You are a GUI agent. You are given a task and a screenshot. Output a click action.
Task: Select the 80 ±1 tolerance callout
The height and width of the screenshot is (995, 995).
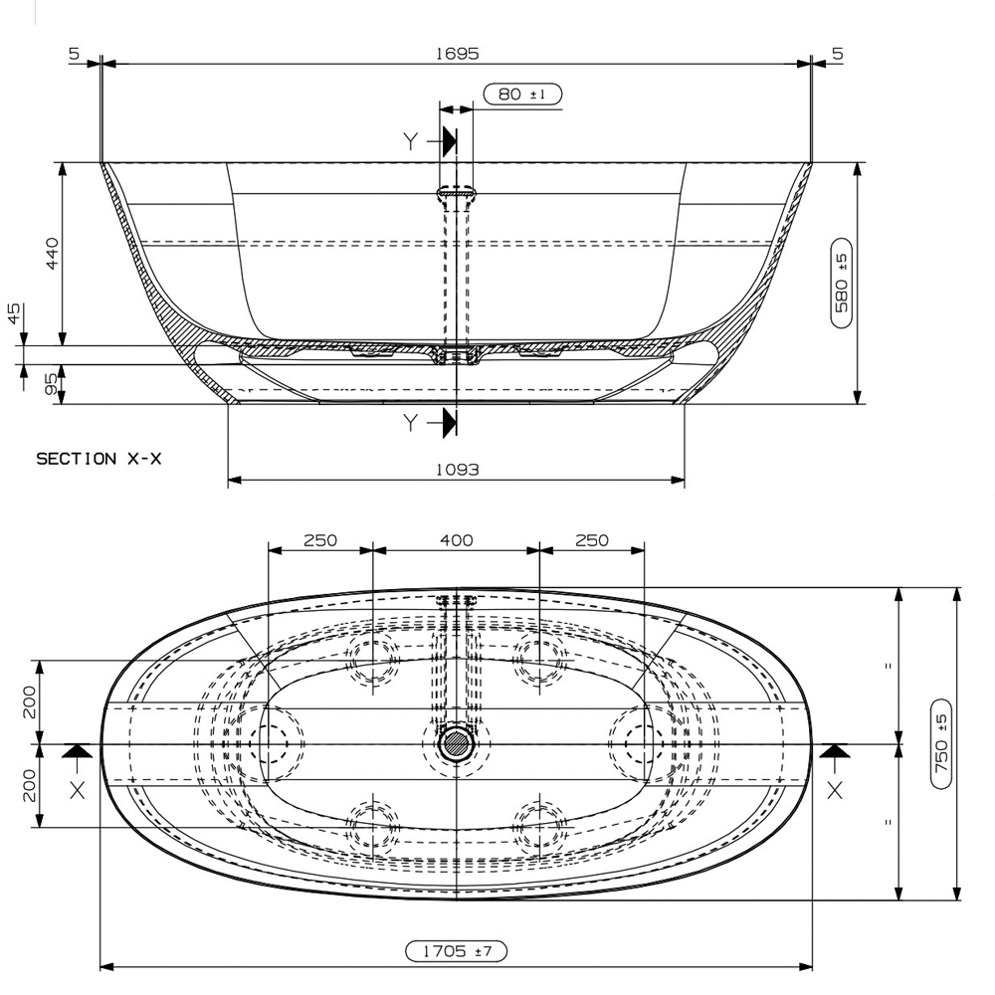coord(522,95)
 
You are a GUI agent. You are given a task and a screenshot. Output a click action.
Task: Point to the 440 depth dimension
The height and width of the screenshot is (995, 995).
coord(53,253)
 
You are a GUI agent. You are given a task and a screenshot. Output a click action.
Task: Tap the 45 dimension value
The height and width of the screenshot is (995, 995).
coord(14,314)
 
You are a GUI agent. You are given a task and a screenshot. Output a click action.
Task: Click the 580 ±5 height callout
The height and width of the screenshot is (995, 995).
coord(841,284)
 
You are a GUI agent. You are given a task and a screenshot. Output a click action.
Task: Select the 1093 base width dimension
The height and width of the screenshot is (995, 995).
coord(457,469)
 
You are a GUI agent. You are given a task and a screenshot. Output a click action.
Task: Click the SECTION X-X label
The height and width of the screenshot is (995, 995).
coord(99,459)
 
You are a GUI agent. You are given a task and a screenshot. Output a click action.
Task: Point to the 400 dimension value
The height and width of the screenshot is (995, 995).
coord(456,540)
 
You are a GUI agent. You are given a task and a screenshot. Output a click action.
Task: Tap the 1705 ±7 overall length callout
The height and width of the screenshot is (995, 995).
coord(456,952)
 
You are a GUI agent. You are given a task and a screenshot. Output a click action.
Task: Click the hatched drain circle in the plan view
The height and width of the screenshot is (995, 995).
coord(457,743)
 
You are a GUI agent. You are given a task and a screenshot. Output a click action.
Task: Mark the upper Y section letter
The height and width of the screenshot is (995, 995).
coord(411,141)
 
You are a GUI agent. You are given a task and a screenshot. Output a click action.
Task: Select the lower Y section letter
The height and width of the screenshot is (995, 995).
coord(411,424)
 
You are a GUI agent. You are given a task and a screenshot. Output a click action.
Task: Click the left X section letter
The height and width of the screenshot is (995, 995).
coord(78,789)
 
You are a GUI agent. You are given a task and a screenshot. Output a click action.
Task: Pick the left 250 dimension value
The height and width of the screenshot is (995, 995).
coord(320,540)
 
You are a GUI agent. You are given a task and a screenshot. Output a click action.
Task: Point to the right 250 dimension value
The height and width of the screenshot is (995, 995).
coord(591,540)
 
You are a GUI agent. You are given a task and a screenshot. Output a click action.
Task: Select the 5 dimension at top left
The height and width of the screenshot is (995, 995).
coord(75,53)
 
